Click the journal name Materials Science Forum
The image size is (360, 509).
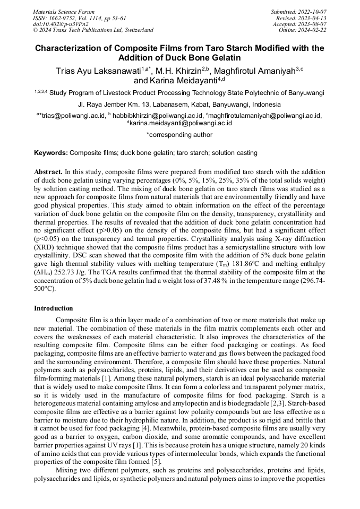pyautogui.click(x=64, y=12)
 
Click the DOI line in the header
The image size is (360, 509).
pyautogui.click(x=53, y=24)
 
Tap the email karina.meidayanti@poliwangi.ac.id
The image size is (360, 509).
pyautogui.click(x=181, y=123)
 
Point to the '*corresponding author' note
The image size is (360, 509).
pyautogui.click(x=179, y=135)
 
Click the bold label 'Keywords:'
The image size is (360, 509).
pyautogui.click(x=51, y=153)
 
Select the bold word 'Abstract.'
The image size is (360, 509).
pyautogui.click(x=48, y=172)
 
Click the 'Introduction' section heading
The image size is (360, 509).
pyautogui.click(x=54, y=308)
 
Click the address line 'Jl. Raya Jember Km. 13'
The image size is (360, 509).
pyautogui.click(x=116, y=105)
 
